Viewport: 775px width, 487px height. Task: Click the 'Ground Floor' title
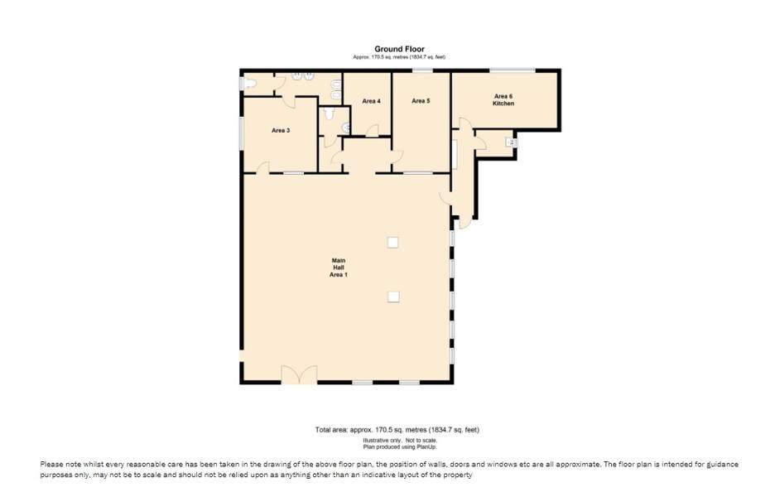click(x=399, y=49)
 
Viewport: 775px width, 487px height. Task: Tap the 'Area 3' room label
click(x=280, y=131)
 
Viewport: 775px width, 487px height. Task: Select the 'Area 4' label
click(x=371, y=101)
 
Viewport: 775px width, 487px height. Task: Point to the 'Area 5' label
click(x=421, y=101)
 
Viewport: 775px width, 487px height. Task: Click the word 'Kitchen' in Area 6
click(x=503, y=104)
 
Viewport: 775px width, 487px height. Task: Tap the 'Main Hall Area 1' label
click(x=338, y=268)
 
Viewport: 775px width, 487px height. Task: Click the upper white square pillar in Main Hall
click(x=393, y=243)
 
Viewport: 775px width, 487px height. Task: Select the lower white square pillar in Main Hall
click(x=393, y=297)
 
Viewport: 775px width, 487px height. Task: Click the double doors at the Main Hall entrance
click(x=299, y=374)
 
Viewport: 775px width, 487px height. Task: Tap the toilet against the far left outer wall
click(x=248, y=84)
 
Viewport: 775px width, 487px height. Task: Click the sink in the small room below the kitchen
click(x=511, y=143)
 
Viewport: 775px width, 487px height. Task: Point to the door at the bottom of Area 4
click(x=373, y=131)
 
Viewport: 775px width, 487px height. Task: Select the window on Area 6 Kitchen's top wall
click(x=512, y=70)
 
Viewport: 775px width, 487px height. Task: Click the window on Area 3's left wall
click(x=241, y=133)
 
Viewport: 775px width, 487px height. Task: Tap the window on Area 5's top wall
click(x=422, y=70)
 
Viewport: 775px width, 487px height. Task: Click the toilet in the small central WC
click(x=330, y=114)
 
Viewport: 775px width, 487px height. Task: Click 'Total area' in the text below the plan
click(x=331, y=430)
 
